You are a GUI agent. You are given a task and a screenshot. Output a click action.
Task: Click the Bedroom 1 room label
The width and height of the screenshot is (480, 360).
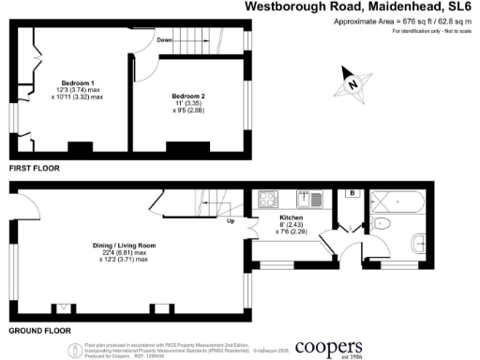tap(79, 82)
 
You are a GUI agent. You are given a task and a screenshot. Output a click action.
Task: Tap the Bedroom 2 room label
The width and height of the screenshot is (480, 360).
tap(188, 97)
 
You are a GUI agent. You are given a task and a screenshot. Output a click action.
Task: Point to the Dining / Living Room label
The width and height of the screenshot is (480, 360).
tap(123, 246)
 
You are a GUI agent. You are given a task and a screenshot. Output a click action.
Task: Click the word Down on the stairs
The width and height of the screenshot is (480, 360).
tap(165, 40)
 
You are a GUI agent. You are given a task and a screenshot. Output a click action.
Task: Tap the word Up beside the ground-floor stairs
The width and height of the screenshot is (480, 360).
tap(230, 222)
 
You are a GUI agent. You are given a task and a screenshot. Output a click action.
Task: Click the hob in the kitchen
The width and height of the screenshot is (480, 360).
tap(267, 199)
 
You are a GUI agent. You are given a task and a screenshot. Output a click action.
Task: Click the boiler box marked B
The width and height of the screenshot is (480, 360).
tap(351, 194)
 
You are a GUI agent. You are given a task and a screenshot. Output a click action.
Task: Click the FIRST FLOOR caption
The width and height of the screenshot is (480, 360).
tap(34, 167)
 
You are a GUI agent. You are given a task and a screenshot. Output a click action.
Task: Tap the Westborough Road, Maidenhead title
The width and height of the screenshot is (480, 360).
tap(360, 7)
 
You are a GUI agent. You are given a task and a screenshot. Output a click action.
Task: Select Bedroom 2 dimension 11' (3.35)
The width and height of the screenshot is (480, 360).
tap(188, 104)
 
